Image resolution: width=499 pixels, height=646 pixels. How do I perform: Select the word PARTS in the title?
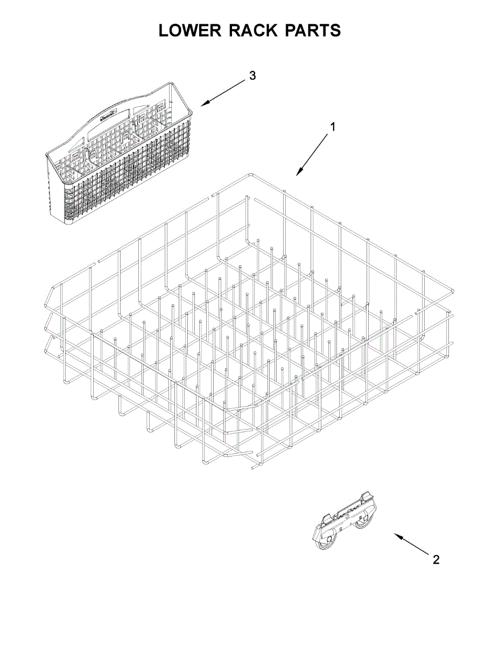tap(313, 31)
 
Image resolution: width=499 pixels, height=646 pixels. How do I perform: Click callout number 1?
tap(333, 127)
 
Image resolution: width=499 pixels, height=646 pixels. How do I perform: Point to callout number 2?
tap(436, 560)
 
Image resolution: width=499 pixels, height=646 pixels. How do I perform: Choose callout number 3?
tap(252, 75)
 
